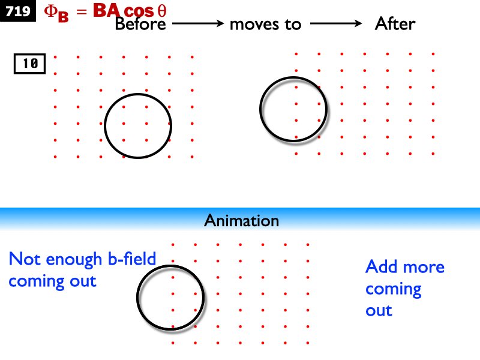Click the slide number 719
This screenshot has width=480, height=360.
[18, 11]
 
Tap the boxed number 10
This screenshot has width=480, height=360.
[30, 64]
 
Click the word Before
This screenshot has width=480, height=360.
[140, 24]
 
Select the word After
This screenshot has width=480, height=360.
[395, 23]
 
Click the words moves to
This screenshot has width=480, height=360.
[265, 25]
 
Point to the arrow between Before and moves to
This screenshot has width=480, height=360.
[198, 23]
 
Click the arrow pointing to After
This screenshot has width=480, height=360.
[336, 23]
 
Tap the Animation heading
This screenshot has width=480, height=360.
[242, 220]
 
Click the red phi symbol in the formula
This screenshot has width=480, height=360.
[50, 11]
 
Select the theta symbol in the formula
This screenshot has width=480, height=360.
[162, 11]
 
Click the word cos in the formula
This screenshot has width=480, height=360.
[139, 11]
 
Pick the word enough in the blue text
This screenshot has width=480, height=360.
[74, 260]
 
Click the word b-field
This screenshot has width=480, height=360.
[132, 259]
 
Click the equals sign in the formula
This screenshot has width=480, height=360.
[82, 11]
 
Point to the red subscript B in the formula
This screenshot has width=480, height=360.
[63, 16]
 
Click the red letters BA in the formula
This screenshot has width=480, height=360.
[107, 10]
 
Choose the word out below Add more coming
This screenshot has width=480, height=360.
[379, 311]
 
